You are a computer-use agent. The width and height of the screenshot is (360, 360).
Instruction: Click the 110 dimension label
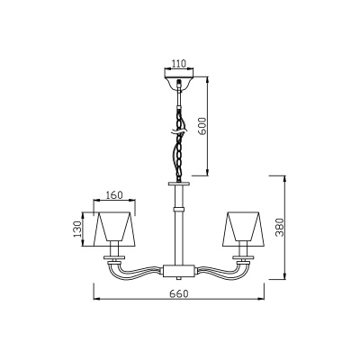pyautogui.click(x=179, y=64)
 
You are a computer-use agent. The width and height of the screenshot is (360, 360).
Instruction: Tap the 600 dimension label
pyautogui.click(x=202, y=126)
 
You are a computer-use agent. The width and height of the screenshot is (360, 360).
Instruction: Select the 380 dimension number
pyautogui.click(x=280, y=227)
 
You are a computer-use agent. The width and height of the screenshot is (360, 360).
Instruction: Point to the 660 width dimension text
pyautogui.click(x=179, y=293)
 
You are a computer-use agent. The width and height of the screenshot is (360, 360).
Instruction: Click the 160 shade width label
pyautogui.click(x=114, y=195)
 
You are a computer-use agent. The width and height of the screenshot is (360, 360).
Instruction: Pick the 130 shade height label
pyautogui.click(x=77, y=229)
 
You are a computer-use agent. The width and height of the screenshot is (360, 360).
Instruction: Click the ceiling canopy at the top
pyautogui.click(x=179, y=82)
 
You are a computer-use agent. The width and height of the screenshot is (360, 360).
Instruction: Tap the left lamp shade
pyautogui.click(x=114, y=229)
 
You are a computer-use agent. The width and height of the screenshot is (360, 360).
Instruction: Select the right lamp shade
pyautogui.click(x=243, y=229)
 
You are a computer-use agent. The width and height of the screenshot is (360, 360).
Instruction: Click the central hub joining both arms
pyautogui.click(x=179, y=271)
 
